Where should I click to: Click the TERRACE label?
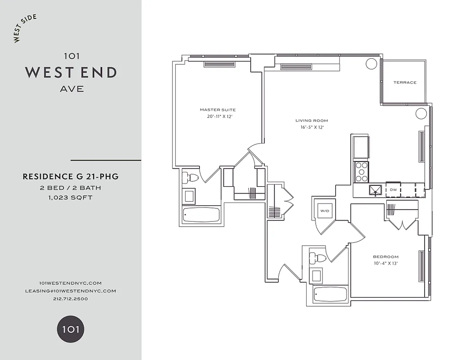point(405,82)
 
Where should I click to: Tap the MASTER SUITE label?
point(217,110)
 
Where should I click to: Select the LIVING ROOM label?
point(312,121)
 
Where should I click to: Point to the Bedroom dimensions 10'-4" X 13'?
point(386,263)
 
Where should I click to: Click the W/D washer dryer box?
point(324,210)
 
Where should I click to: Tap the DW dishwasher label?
point(393,190)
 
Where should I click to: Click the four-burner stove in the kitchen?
point(362,171)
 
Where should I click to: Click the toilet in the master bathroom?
point(190,178)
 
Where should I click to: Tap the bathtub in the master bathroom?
point(201,215)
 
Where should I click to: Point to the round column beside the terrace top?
point(371,63)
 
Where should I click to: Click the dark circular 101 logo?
point(71,329)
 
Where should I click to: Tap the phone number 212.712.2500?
point(71,299)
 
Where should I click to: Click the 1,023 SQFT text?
point(71,197)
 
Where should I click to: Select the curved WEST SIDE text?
point(25,29)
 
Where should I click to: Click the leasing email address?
point(71,291)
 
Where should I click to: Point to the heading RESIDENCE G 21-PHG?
point(71,177)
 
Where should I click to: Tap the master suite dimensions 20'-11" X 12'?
point(220,117)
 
